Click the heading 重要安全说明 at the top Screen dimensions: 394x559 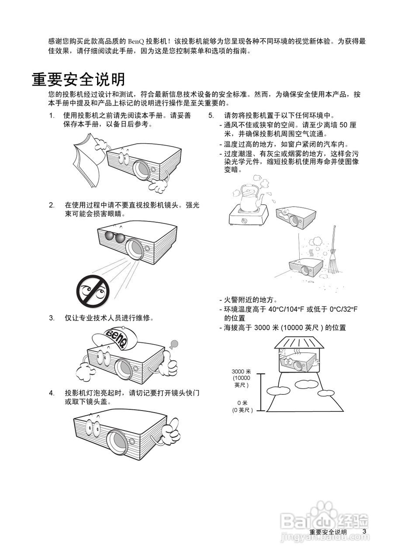point(79,79)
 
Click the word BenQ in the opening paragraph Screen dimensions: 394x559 point(136,41)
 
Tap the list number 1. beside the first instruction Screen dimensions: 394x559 point(52,116)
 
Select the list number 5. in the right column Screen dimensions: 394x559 point(211,116)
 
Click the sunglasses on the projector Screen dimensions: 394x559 point(114,237)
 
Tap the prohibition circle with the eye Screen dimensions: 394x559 point(93,290)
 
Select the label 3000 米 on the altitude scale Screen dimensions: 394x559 point(241,371)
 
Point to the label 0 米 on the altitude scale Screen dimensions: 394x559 point(242,403)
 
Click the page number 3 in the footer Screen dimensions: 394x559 point(364,531)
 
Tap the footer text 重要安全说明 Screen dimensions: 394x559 point(328,532)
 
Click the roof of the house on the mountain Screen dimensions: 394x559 point(299,342)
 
